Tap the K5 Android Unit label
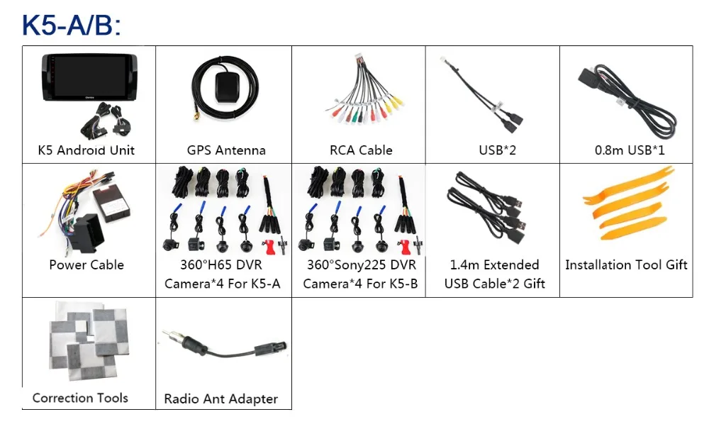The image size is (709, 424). click(x=86, y=150)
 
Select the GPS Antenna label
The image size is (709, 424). click(x=226, y=150)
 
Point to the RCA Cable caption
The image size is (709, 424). click(x=361, y=150)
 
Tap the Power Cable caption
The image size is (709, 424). click(x=86, y=265)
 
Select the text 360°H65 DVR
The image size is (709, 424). click(x=223, y=265)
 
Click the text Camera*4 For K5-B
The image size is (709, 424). click(x=360, y=284)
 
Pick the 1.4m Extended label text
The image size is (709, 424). click(x=494, y=265)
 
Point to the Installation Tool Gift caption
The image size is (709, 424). click(x=626, y=265)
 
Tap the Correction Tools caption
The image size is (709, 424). click(x=80, y=398)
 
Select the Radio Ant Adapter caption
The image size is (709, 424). click(x=221, y=399)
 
